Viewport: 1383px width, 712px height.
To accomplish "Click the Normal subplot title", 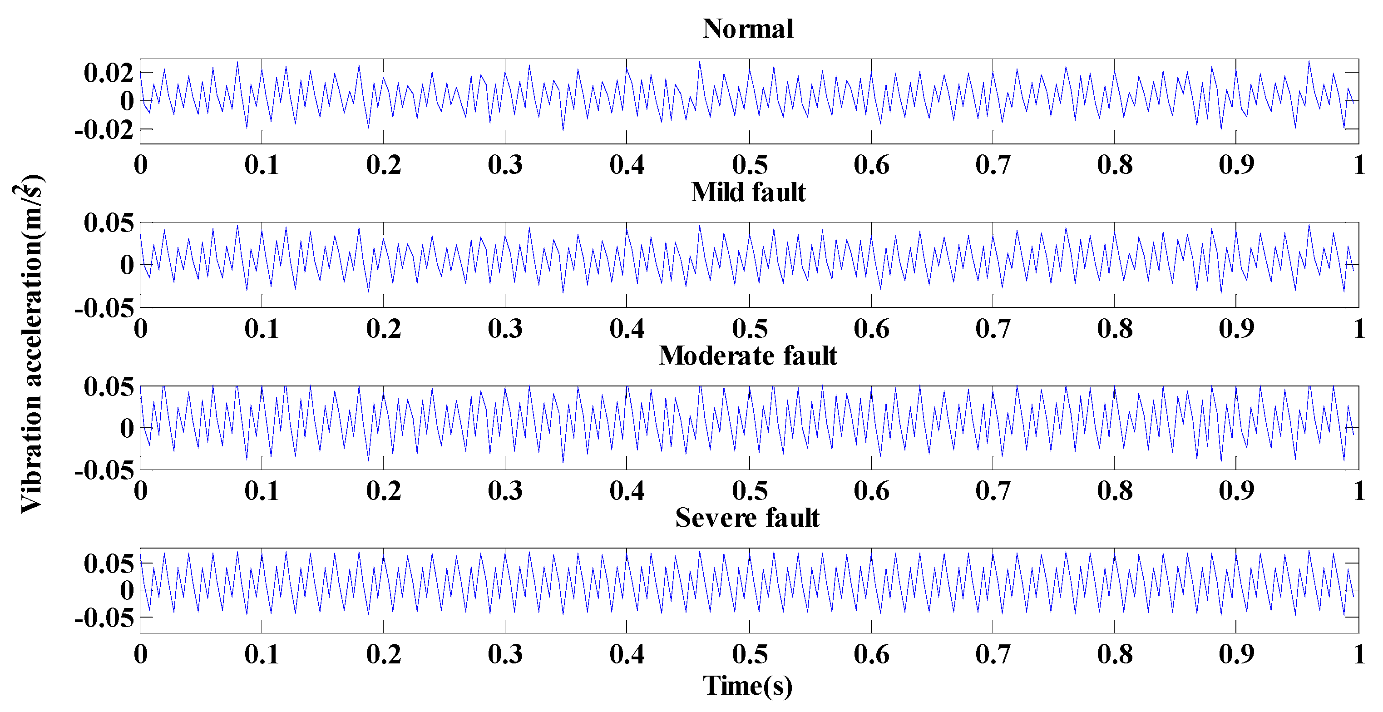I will point(748,29).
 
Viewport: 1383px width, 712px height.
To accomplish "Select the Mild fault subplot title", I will point(748,192).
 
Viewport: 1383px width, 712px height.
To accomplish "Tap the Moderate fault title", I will point(748,356).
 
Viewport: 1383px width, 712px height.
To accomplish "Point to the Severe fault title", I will point(748,518).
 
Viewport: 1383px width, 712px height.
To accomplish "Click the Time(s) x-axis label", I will point(748,686).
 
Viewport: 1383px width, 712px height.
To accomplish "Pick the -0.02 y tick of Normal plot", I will point(104,129).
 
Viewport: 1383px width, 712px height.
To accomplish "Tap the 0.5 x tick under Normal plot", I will point(750,165).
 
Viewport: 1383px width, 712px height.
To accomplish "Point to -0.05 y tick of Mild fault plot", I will point(104,308).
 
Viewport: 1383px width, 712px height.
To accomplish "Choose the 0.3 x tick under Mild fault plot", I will point(505,329).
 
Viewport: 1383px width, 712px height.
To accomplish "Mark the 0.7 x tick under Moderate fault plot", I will point(993,491).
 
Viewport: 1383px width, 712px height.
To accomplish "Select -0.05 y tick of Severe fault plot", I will point(104,618).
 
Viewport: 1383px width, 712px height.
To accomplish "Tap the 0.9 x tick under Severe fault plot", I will point(1236,654).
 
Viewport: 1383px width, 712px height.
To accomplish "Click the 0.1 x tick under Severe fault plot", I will point(262,654).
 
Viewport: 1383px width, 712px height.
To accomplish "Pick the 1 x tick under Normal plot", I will point(1359,165).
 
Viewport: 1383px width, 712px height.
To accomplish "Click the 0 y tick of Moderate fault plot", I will point(127,429).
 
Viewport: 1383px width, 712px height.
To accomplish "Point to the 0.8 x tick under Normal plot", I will point(1115,165).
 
